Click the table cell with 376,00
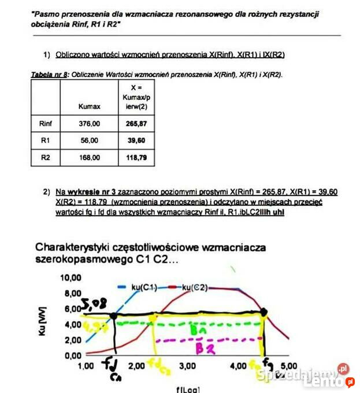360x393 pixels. (89, 123)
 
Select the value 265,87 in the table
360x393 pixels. (136, 123)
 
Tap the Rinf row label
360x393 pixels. (46, 123)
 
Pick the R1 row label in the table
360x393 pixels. (46, 140)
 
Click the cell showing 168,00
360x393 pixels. (89, 157)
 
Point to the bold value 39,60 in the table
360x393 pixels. (136, 140)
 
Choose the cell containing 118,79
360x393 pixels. (136, 157)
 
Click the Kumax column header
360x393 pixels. (89, 106)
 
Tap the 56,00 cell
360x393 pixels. (89, 140)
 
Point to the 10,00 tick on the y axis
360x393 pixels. (70, 277)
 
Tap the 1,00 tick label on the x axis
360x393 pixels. (86, 366)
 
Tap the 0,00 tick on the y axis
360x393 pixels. (73, 355)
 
